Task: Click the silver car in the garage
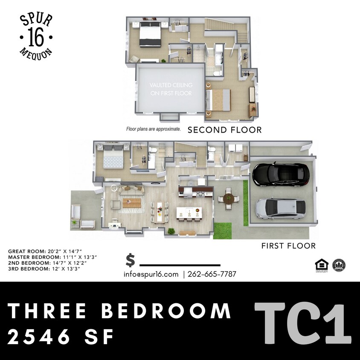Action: coord(280,208)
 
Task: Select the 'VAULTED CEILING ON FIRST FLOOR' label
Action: coord(171,89)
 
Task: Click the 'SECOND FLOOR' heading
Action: coord(225,130)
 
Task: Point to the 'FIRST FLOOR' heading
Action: coord(288,246)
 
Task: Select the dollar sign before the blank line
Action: coord(131,260)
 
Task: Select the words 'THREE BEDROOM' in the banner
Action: coord(119,311)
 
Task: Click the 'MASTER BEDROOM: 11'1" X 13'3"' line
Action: coord(52,257)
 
